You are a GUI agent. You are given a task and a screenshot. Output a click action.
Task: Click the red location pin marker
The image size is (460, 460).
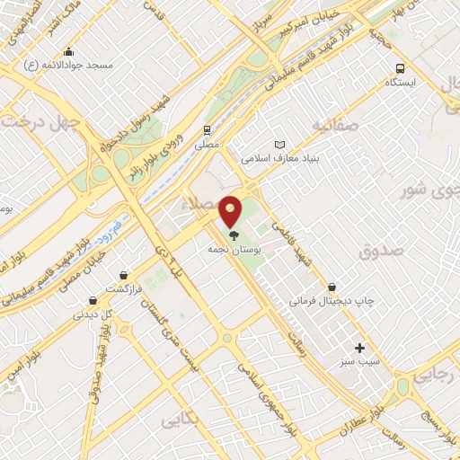(231, 211)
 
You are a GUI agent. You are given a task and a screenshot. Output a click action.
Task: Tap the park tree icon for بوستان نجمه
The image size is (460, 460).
(234, 235)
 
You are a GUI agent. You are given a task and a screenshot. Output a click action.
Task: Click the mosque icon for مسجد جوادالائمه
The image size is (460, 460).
(69, 51)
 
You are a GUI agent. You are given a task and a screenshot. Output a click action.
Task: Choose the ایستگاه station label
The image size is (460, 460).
(400, 82)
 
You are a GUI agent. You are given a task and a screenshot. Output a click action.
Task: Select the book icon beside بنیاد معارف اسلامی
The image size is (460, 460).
(279, 145)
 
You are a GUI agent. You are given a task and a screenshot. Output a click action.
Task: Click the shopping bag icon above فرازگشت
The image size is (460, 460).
(123, 275)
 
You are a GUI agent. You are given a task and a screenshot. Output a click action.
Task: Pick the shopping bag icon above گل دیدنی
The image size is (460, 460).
(93, 300)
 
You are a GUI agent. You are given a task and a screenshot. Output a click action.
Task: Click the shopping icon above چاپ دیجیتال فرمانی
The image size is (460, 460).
(332, 287)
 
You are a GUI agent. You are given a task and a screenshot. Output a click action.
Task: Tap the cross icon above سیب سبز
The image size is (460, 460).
(360, 348)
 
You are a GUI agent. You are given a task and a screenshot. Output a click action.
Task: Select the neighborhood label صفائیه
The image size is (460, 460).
(334, 126)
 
